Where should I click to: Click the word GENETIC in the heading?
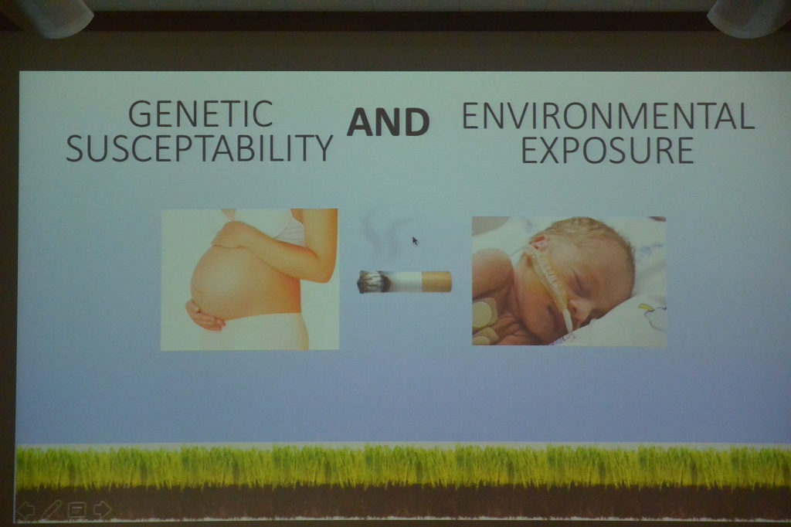(201, 114)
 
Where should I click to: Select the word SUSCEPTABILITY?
(199, 148)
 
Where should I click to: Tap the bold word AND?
(388, 122)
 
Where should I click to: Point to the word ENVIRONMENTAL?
(608, 116)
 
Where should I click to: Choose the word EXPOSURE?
(607, 149)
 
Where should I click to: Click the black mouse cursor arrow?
(415, 241)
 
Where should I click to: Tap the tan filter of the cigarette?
(436, 282)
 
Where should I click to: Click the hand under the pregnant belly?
(205, 315)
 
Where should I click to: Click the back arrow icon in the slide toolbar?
(26, 510)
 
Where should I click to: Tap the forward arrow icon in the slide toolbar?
(102, 510)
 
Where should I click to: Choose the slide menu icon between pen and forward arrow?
(76, 510)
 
